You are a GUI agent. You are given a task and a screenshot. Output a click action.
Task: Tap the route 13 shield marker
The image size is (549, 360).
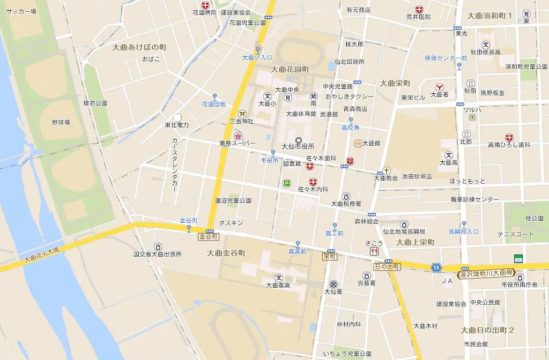coord(437,267)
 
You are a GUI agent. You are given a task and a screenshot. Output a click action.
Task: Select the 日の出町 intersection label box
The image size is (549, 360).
coord(387,266)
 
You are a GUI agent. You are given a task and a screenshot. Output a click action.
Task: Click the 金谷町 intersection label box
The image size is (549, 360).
coord(209,236)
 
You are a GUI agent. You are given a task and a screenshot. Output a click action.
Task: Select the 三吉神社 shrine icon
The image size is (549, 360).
coord(242,113)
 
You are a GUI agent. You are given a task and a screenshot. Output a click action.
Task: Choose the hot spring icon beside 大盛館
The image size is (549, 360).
coord(358,143)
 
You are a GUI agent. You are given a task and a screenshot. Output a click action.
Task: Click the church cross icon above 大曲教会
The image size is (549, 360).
coord(386,170)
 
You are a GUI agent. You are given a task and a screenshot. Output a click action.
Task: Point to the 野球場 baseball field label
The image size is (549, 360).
coord(61,122)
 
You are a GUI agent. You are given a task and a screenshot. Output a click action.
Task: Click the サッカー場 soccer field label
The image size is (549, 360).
coord(21,11)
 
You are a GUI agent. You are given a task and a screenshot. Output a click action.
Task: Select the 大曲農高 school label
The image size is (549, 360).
coord(278,285)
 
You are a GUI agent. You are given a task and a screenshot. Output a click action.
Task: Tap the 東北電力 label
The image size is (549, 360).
coord(176,125)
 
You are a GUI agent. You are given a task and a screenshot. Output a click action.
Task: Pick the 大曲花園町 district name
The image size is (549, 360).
coord(290,69)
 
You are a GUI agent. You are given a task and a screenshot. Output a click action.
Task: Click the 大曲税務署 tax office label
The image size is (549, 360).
coord(346,204)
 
